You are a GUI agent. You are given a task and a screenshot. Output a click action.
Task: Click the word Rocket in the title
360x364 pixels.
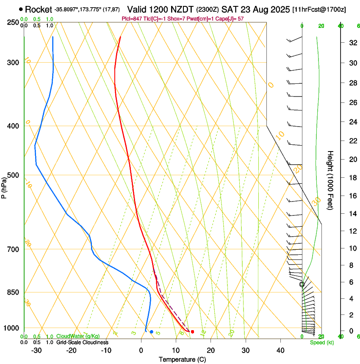(39, 9)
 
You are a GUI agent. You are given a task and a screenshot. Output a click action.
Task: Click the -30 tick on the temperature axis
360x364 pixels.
(36, 350)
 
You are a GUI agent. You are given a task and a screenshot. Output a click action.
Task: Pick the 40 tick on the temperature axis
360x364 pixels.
(280, 350)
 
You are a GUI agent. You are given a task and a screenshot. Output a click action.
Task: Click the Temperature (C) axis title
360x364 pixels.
(182, 359)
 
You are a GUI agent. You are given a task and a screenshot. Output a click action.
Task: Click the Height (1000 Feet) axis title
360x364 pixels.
(330, 180)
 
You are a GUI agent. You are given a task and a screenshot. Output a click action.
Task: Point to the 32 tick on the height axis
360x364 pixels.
(352, 43)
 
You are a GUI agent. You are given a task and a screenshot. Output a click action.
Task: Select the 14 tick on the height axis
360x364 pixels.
(352, 214)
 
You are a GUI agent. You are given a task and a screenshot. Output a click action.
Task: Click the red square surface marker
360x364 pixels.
(192, 332)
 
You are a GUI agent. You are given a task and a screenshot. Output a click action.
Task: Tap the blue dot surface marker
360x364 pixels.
(151, 331)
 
